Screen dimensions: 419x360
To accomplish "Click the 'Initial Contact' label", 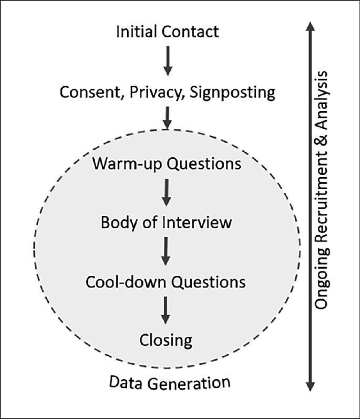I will point(167,32).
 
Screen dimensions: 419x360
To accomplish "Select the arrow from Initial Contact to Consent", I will point(167,60).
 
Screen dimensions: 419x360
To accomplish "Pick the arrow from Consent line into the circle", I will point(167,117).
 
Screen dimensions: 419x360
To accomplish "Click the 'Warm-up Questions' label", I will point(167,163).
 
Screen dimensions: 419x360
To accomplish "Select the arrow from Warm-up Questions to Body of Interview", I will point(167,192).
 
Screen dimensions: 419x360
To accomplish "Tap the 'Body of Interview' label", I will point(166,222).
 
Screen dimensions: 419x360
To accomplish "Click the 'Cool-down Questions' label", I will point(166,281).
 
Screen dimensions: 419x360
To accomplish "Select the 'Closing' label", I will point(166,340).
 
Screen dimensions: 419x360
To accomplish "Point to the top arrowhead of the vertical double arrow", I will point(310,26).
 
